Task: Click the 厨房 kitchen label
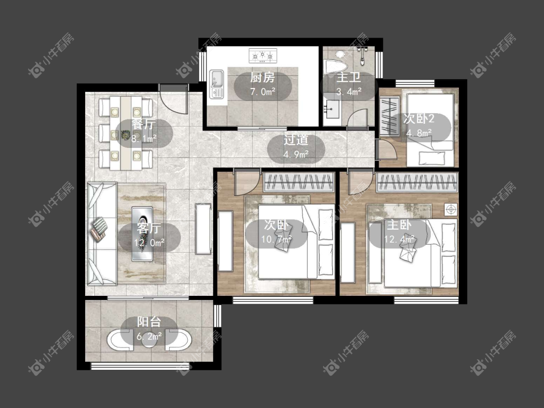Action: tap(262, 77)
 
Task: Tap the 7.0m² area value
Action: tap(263, 92)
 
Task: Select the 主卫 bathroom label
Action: tap(349, 77)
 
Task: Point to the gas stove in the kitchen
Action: tap(263, 56)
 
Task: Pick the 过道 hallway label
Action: tap(296, 140)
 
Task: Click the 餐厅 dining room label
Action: tap(144, 124)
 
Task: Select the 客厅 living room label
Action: tap(149, 228)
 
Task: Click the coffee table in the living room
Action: tap(142, 234)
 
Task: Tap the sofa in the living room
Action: tap(102, 233)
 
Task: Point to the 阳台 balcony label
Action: tap(149, 321)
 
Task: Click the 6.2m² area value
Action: tap(149, 336)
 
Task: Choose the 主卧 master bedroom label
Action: tap(399, 225)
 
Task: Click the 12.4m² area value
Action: tap(400, 239)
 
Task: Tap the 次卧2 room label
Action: tap(419, 118)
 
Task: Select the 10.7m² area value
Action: tap(277, 239)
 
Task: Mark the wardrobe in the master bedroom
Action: tap(417, 183)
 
